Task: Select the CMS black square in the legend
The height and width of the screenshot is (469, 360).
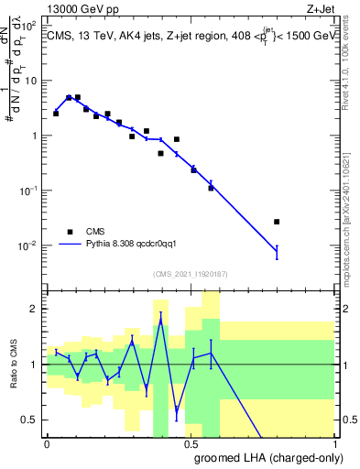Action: coord(70,232)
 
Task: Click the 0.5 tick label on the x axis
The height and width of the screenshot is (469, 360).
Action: coord(191,442)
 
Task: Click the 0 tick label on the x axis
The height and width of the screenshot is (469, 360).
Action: coord(47,442)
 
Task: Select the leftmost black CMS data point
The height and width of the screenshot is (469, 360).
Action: coord(56,114)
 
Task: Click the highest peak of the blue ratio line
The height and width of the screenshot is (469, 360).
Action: coord(161,319)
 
